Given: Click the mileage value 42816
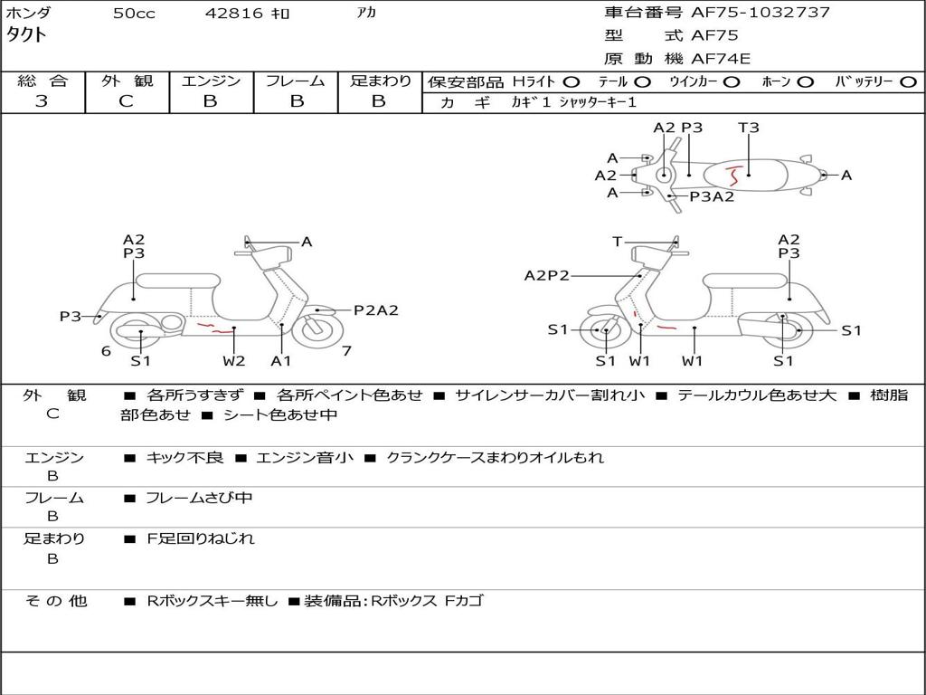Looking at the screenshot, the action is [234, 14].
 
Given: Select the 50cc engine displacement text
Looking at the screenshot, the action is [134, 14].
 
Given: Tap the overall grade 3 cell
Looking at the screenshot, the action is [42, 101].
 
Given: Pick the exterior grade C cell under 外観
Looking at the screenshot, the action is [127, 101].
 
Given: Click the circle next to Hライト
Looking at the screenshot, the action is [572, 81].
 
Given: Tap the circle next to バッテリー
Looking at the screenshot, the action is [908, 81].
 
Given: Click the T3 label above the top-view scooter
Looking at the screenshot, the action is [749, 128].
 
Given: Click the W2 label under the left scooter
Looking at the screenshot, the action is [234, 361].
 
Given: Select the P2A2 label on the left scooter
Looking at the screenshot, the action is [375, 310].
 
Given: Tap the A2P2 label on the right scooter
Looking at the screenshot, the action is [546, 275].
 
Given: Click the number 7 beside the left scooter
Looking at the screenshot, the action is [346, 350].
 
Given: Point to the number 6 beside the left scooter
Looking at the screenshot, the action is [106, 350].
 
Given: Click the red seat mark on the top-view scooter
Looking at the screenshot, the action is [735, 173].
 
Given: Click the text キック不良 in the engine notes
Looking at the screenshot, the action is [184, 458].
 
